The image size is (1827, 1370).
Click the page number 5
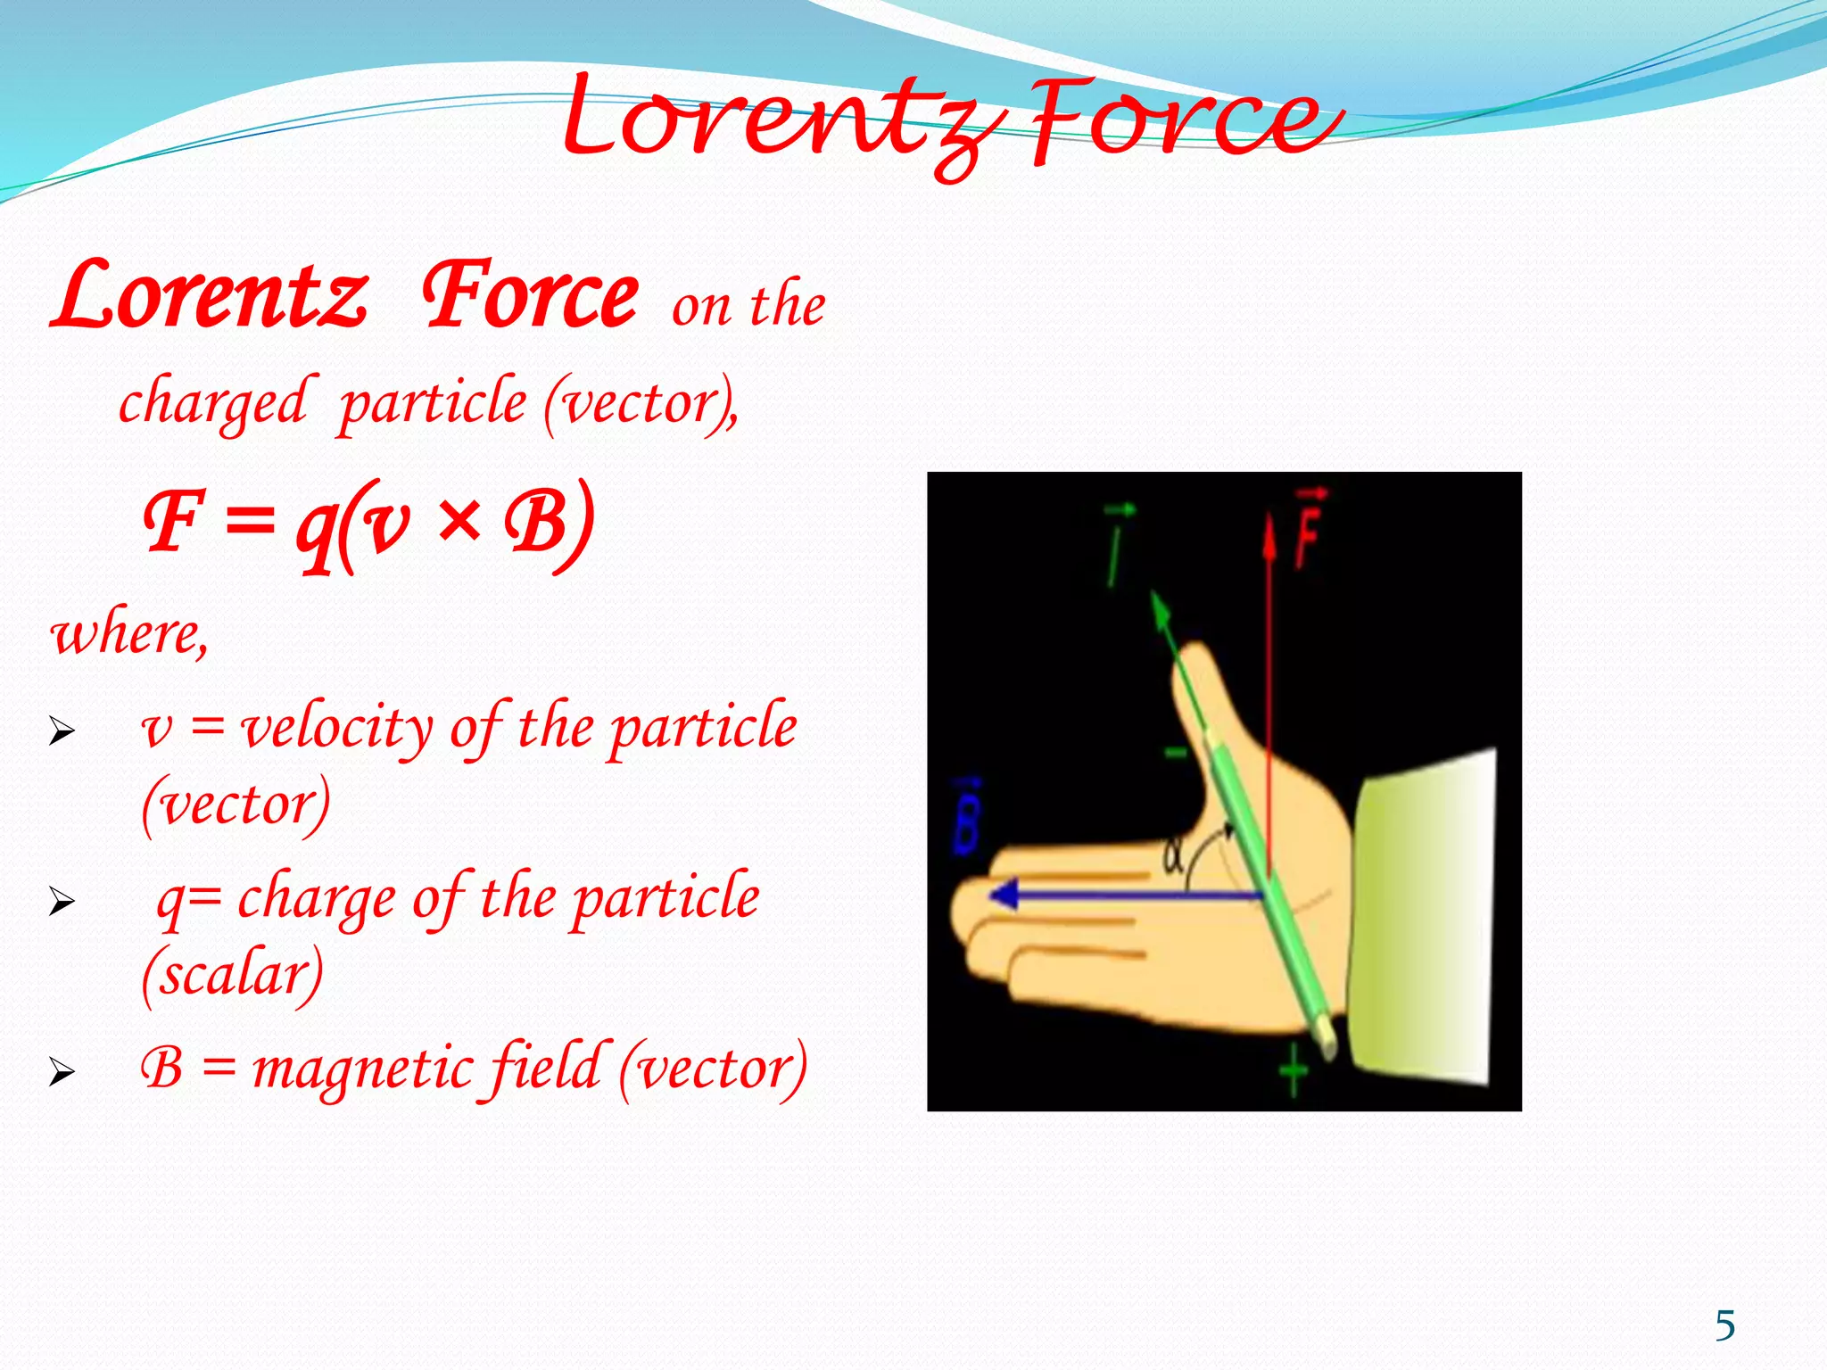point(1725,1326)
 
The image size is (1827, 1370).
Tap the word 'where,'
point(130,633)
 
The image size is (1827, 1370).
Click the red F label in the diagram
point(1308,532)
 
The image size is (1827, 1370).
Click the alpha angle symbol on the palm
point(1173,857)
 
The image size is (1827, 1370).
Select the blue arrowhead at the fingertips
point(1006,894)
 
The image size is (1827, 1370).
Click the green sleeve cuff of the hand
point(1423,919)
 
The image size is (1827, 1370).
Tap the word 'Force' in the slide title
point(1178,120)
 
